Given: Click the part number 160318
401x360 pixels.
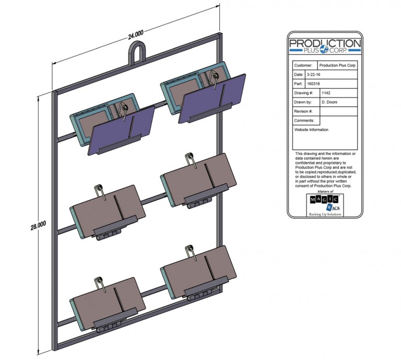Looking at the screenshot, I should pyautogui.click(x=314, y=83).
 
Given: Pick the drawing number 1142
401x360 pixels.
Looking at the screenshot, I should pyautogui.click(x=327, y=93).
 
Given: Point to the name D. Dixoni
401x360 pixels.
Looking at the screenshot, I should pyautogui.click(x=331, y=102).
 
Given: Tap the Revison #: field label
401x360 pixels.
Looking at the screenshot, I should pyautogui.click(x=304, y=111).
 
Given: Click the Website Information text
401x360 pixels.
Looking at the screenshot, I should pyautogui.click(x=312, y=130).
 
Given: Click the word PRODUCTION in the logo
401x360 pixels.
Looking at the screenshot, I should pyautogui.click(x=324, y=43).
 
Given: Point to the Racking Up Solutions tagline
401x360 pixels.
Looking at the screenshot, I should pyautogui.click(x=324, y=214).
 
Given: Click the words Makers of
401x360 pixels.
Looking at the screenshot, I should pyautogui.click(x=324, y=191).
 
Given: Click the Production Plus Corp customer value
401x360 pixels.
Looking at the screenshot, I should pyautogui.click(x=338, y=66).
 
